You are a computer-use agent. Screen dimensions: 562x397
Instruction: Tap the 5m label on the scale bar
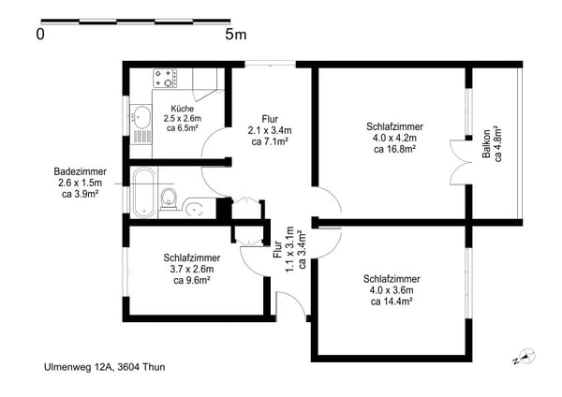coord(236,35)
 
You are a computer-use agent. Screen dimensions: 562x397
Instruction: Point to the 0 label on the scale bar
coord(40,35)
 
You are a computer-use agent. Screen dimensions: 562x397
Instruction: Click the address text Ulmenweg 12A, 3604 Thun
coord(105,367)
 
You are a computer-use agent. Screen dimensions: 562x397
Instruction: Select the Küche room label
coord(182,109)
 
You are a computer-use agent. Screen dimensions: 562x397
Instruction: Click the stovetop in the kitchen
coord(165,79)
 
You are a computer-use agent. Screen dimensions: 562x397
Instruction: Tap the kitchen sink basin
coord(140,117)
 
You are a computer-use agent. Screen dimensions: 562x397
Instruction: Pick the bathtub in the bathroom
coord(144,192)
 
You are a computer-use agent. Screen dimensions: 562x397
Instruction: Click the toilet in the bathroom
coord(169,198)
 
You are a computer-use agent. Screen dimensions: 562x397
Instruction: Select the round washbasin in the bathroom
coord(194,208)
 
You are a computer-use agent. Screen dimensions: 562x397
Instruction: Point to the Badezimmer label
coord(81,171)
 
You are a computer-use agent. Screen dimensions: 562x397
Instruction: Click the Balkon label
coord(486,144)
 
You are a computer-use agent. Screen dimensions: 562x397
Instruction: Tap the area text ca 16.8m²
coord(394,149)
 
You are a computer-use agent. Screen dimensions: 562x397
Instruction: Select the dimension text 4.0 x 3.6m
coord(392,290)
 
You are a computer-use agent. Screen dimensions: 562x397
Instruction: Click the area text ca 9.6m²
coord(192,280)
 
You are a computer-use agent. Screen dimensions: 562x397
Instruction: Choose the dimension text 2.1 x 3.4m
coord(270,130)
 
